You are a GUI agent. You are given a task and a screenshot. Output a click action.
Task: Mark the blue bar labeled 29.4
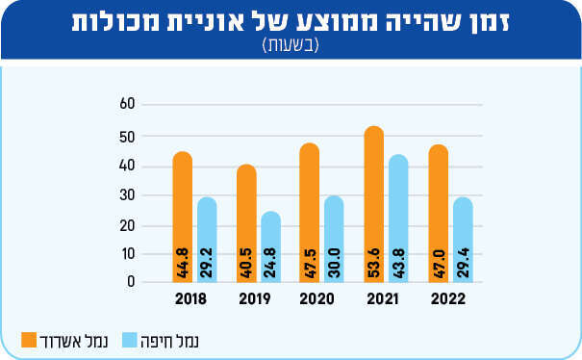463,240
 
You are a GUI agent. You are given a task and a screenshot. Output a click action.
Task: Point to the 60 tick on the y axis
127,104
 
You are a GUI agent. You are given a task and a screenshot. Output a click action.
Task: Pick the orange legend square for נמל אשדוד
29,340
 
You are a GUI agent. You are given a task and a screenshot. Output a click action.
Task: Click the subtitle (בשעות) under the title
291,45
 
